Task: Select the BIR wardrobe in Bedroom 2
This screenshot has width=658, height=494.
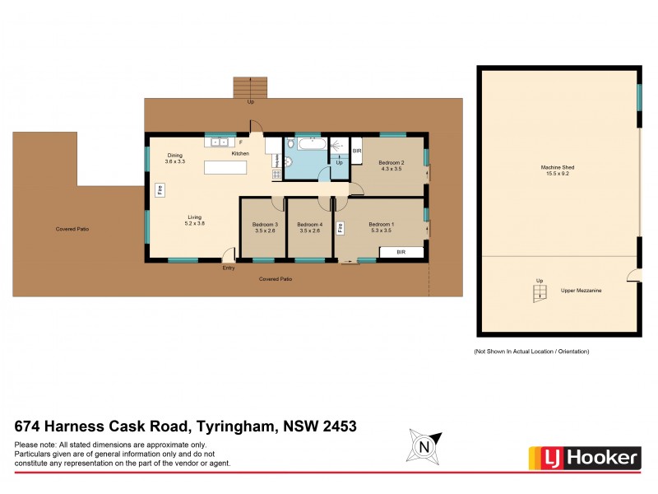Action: tap(357, 151)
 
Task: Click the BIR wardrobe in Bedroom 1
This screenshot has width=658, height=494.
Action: tap(401, 252)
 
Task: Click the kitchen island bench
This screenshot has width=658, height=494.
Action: tap(225, 168)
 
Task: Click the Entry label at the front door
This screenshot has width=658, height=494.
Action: tap(229, 268)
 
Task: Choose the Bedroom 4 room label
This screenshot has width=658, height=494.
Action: tap(309, 225)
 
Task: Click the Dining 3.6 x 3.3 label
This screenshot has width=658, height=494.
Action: tap(174, 159)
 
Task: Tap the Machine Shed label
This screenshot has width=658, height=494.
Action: tap(558, 170)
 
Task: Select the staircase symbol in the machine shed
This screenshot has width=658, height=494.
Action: tap(539, 292)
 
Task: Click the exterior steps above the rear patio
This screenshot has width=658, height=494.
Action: tap(250, 86)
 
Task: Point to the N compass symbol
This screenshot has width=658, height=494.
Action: tap(424, 448)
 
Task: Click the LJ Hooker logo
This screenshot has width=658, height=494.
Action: tap(582, 457)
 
